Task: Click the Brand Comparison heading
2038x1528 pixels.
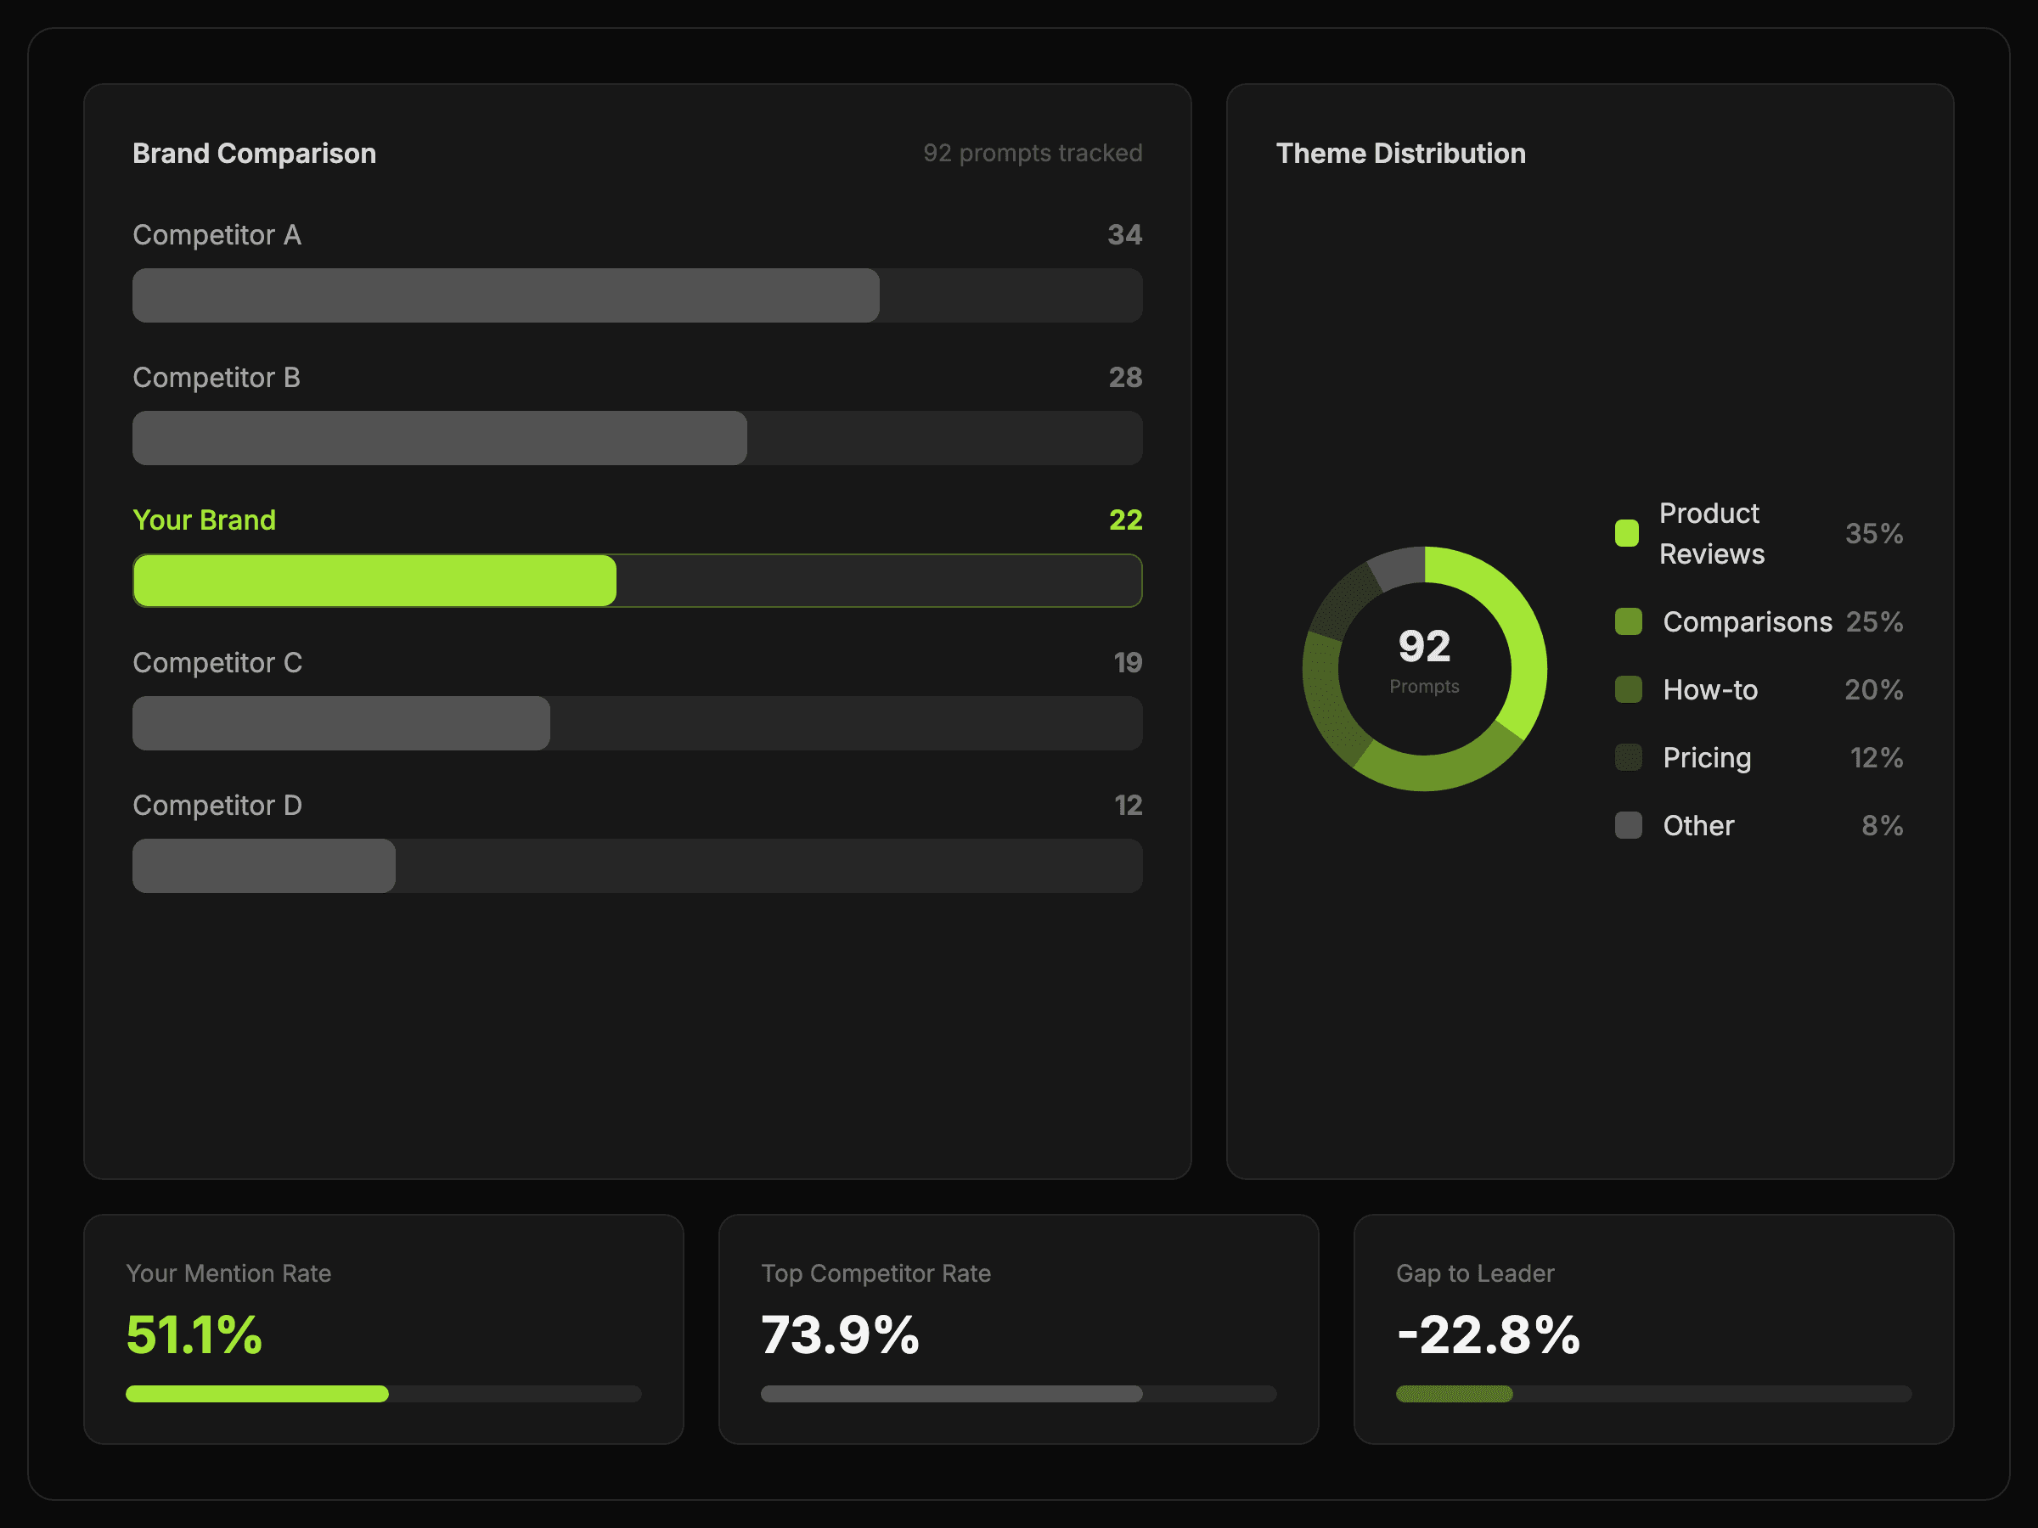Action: (x=254, y=153)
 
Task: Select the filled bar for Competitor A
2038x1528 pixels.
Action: (x=505, y=295)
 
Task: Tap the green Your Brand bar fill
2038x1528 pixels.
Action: (x=374, y=581)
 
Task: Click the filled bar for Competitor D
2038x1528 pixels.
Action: (x=263, y=866)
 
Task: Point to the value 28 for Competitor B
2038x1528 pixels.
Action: (x=1125, y=378)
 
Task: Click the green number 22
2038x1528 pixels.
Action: (x=1125, y=520)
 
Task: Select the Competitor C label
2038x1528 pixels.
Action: (x=217, y=663)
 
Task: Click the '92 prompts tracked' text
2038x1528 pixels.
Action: (x=1032, y=153)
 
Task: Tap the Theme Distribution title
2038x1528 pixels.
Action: (x=1400, y=153)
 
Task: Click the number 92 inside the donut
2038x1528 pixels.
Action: (x=1424, y=647)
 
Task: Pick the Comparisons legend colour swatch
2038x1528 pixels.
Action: (x=1628, y=621)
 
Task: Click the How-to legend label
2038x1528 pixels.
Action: (x=1710, y=690)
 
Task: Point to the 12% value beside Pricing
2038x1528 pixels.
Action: (x=1876, y=758)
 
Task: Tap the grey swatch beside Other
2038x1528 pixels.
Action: (x=1628, y=825)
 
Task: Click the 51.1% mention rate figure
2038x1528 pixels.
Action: (x=194, y=1334)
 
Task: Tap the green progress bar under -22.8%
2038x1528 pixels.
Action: (x=1454, y=1394)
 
